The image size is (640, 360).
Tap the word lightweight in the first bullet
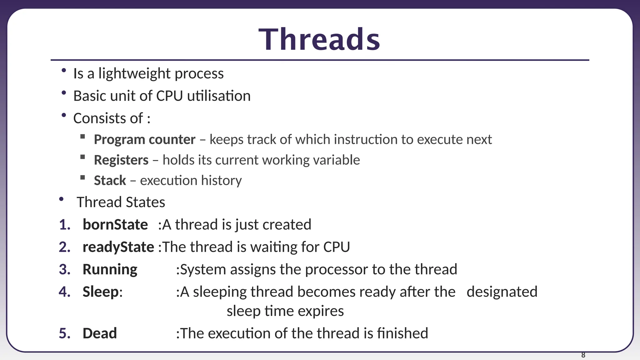135,74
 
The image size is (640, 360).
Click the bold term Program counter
144,139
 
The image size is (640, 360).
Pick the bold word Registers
121,160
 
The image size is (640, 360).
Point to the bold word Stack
110,181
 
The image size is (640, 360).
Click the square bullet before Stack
82,177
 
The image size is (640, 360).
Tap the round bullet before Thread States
61,199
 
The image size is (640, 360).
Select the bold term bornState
115,225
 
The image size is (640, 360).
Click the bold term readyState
118,247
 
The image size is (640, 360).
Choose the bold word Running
110,269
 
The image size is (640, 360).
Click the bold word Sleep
100,292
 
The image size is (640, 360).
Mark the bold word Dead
100,333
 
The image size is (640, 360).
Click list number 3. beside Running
65,269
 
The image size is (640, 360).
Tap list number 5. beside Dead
65,333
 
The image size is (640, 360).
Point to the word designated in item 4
502,292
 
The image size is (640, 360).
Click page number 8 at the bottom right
583,355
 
